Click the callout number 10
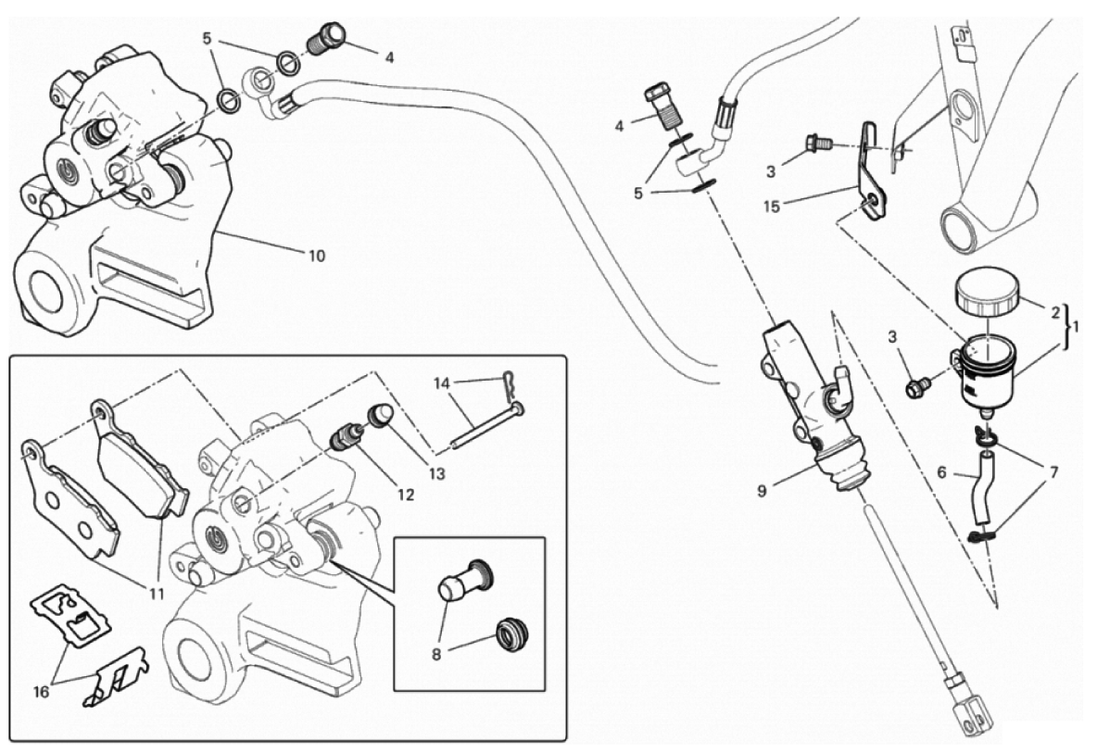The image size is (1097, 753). tap(316, 256)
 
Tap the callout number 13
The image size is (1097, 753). tap(436, 473)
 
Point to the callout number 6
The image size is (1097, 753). tap(941, 471)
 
